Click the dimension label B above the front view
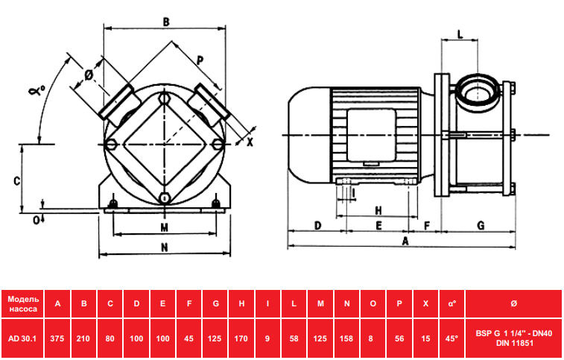[166, 22]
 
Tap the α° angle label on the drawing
[37, 90]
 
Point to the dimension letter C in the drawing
[16, 180]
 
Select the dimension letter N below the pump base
[165, 247]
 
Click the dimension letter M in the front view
[165, 227]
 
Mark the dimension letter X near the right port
[250, 142]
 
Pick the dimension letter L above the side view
[460, 34]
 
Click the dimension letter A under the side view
[405, 241]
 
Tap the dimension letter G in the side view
[481, 225]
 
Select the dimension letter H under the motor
[378, 210]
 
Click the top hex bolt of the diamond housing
[164, 98]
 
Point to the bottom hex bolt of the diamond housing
[165, 198]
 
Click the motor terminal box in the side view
[371, 135]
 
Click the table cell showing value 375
[57, 338]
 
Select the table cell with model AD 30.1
[22, 338]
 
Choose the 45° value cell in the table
[451, 338]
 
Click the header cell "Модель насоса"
[22, 304]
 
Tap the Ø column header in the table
[514, 304]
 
